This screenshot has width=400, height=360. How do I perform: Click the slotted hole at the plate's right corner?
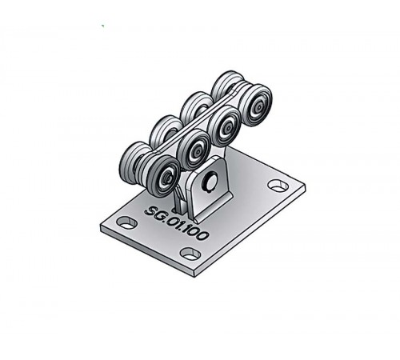pos(278,186)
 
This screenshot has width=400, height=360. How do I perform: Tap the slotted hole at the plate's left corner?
pos(127,222)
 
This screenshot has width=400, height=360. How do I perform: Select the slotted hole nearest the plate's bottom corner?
pos(190,254)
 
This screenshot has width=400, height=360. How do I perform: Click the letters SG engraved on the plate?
pos(153,212)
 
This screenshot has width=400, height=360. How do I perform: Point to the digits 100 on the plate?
pos(197,233)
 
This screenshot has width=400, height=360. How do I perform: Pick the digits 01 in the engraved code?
pos(174,222)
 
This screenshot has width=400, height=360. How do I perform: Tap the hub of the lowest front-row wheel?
pos(167,175)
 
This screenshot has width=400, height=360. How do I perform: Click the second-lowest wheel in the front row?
pos(194,150)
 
